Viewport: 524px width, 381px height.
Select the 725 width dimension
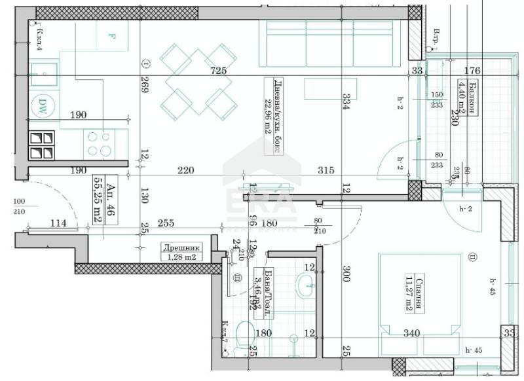click(217, 71)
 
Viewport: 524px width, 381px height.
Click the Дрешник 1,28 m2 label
click(182, 252)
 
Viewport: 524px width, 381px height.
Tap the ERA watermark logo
click(262, 196)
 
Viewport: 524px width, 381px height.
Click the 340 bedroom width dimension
click(411, 334)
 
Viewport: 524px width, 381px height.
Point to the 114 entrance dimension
click(60, 223)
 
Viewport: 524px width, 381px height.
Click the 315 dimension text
click(326, 170)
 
